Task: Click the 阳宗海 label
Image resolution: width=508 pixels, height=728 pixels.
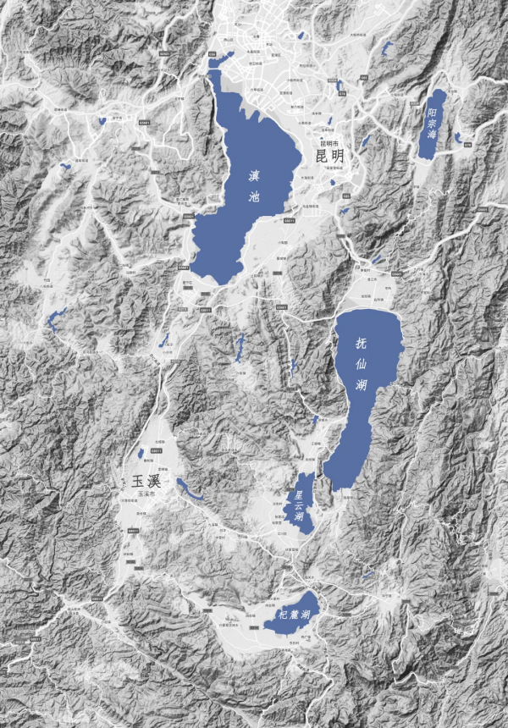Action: click(432, 124)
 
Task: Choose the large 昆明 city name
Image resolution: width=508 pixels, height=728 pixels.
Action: click(329, 157)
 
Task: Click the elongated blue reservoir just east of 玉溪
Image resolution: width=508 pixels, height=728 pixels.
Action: click(188, 489)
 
